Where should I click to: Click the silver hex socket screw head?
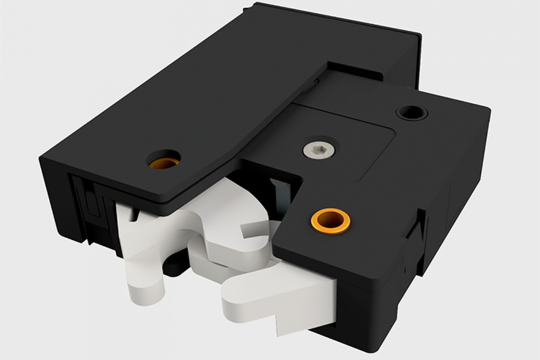(x=318, y=150)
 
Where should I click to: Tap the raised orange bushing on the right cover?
(x=330, y=221)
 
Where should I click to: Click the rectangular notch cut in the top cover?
(x=355, y=71)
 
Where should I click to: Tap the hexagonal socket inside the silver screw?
(x=318, y=150)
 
